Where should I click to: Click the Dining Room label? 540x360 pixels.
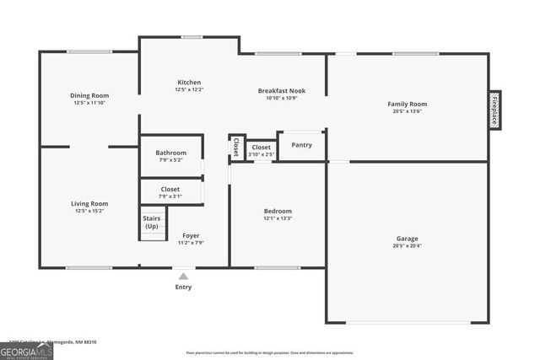point(89,95)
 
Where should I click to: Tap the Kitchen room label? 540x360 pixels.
point(188,82)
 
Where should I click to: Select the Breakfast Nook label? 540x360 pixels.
point(282,90)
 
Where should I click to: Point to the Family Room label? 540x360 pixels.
point(407,104)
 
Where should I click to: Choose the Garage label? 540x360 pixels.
point(407,239)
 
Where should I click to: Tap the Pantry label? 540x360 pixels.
point(301,145)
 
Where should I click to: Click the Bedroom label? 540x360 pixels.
point(278,211)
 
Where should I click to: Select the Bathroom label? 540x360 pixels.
point(170,153)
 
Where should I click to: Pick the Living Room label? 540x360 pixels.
point(89,203)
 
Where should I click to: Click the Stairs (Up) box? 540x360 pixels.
point(152,223)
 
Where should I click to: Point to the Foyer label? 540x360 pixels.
point(191,235)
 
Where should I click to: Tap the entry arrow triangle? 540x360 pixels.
point(183,275)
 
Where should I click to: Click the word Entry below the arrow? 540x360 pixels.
point(183,287)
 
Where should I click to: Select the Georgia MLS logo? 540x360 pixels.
point(26,351)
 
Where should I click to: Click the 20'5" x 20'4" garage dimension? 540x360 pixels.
point(407,246)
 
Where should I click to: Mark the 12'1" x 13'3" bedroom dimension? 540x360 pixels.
point(278,218)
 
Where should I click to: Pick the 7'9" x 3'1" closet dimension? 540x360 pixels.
point(170,196)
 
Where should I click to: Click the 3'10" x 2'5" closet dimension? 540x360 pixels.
point(261,154)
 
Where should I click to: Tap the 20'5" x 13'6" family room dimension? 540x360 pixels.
point(407,111)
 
